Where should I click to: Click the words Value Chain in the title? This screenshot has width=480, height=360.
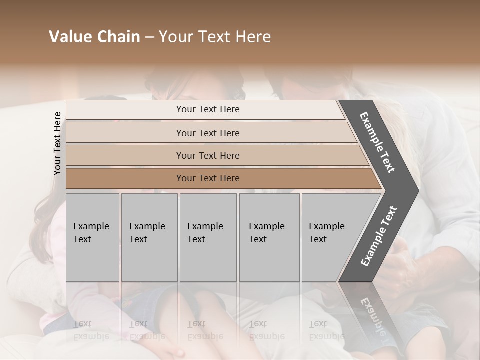pyautogui.click(x=94, y=37)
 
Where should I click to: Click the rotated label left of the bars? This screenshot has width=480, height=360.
pyautogui.click(x=57, y=143)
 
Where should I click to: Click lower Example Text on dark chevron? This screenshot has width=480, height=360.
pyautogui.click(x=379, y=236)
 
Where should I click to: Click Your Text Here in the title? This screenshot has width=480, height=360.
pyautogui.click(x=215, y=37)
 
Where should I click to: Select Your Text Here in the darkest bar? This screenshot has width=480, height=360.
pyautogui.click(x=208, y=178)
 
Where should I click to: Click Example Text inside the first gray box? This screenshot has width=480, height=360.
pyautogui.click(x=91, y=233)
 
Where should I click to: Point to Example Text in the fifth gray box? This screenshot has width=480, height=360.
pyautogui.click(x=326, y=233)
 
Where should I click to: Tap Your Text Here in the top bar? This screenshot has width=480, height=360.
pyautogui.click(x=208, y=109)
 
